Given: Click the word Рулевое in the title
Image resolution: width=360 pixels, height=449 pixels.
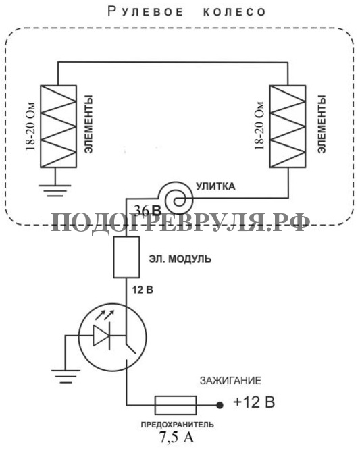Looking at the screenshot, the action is pos(145,11).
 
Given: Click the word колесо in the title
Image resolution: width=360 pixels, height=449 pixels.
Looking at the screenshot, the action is pos(234,12).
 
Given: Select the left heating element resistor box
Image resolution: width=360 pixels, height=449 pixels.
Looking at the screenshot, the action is pos(59,126).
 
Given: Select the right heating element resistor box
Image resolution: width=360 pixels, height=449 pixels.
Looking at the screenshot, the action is pos(288,126).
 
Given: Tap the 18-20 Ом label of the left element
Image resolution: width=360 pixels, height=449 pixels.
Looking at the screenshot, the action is pos(30,126).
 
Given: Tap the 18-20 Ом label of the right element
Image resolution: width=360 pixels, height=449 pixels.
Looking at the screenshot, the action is pos(259,126).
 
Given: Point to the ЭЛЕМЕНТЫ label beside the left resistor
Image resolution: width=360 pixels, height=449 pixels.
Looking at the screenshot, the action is pos(88,124).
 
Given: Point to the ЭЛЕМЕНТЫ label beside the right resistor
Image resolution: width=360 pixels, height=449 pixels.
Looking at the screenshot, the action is pos(322,124).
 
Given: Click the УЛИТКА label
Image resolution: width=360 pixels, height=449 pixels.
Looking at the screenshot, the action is pos(215,186).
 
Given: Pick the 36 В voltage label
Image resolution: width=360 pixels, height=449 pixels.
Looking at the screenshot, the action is pos(147,211).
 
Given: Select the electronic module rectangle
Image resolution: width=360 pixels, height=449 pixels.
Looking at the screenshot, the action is pos(126,257).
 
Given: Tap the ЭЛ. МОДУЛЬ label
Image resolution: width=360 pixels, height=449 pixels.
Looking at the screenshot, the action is pos(180,259).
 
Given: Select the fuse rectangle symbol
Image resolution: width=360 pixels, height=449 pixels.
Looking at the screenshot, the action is pos(176,405).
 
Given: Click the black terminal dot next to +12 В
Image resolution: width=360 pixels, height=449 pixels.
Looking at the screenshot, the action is pos(220,405).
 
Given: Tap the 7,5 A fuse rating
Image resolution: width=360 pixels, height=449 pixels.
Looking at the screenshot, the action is pos(177,438).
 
